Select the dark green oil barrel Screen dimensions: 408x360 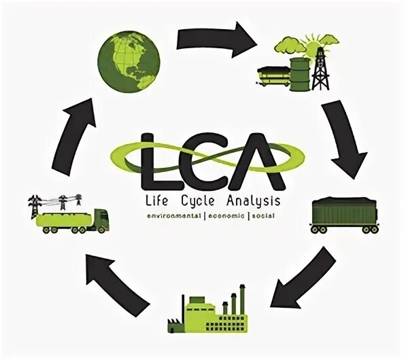pyautogui.click(x=299, y=72)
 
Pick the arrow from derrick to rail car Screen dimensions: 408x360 pyautogui.click(x=343, y=139)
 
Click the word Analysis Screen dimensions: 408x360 pyautogui.click(x=251, y=201)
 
